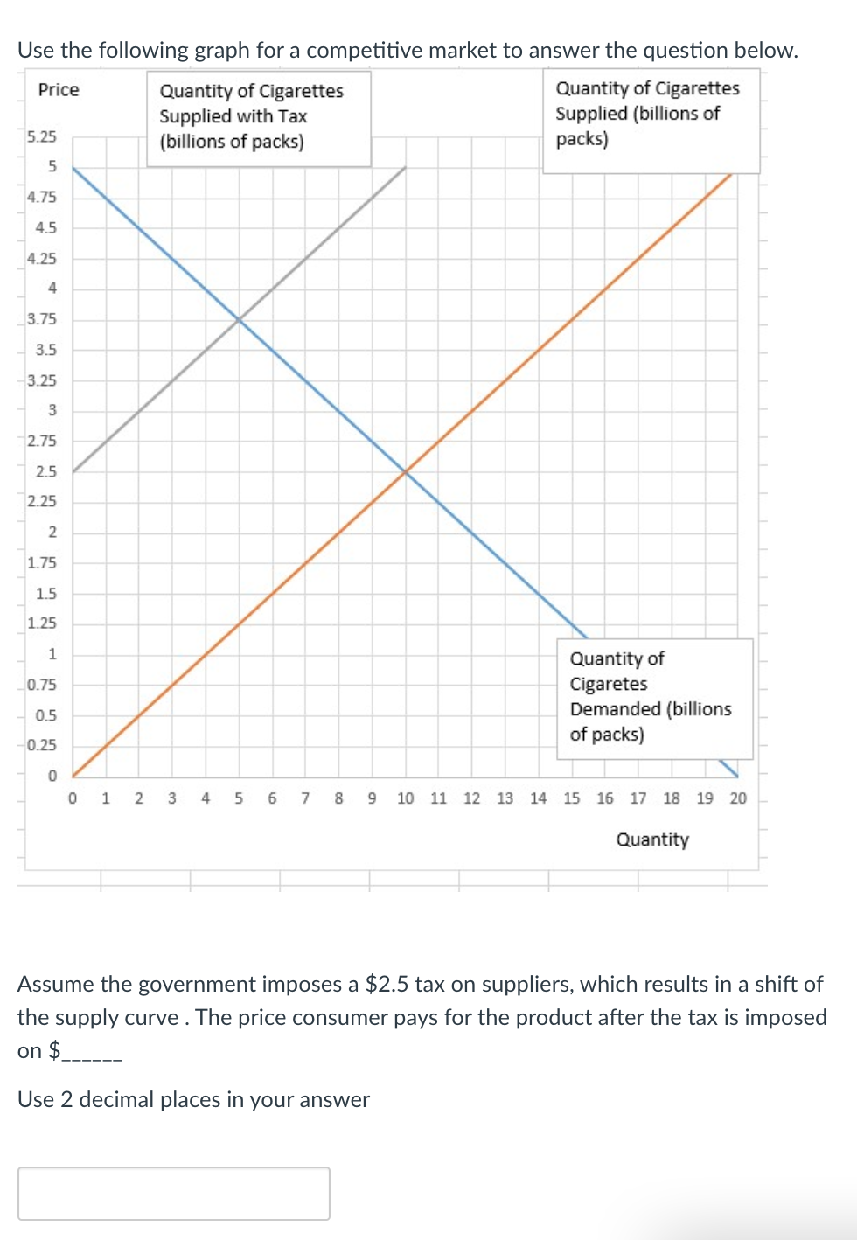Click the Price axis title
coord(59,90)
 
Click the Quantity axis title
coord(652,839)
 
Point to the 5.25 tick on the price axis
coord(41,136)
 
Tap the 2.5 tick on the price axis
coord(45,471)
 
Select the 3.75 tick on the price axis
coord(41,319)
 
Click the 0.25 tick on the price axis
coord(41,745)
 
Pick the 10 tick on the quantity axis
coord(405,798)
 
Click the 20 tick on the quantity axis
coord(738,798)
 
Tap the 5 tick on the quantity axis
coord(239,798)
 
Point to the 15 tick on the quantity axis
coord(572,798)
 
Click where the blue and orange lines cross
coord(406,472)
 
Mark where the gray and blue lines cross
coord(239,320)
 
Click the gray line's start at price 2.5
coord(73,471)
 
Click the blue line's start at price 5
coord(73,168)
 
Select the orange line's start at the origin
coord(73,776)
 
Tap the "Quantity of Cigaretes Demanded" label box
coord(654,697)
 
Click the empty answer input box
coord(174,1193)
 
